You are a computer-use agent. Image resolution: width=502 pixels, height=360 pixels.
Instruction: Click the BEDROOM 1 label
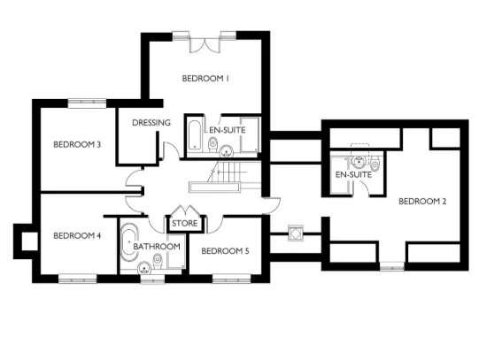click(x=206, y=79)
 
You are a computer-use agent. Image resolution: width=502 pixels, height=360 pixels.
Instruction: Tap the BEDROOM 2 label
click(x=422, y=201)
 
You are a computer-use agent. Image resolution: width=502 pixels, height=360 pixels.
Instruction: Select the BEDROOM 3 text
click(x=76, y=145)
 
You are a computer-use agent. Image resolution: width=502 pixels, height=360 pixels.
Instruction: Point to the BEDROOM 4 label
click(x=77, y=235)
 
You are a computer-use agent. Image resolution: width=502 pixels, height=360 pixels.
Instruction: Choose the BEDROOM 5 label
click(x=225, y=251)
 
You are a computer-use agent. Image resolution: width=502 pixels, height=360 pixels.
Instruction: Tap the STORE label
click(x=183, y=223)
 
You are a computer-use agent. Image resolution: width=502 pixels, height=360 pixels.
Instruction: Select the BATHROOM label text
click(x=158, y=246)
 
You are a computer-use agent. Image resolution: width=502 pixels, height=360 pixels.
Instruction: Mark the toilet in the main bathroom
click(x=157, y=260)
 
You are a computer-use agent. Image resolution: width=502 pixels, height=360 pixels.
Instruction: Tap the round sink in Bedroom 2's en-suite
click(x=359, y=162)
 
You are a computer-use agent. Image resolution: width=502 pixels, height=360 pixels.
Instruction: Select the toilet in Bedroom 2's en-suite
click(x=375, y=164)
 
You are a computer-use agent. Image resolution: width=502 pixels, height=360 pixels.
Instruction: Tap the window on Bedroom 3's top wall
click(x=87, y=103)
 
